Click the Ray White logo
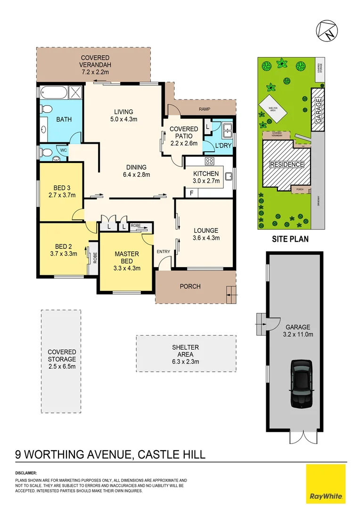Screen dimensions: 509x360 click(x=326, y=484)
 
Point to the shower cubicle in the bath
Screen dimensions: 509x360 click(x=76, y=92)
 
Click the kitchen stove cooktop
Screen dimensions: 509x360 click(x=210, y=162)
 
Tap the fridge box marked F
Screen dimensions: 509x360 click(x=191, y=193)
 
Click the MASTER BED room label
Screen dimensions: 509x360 click(x=127, y=257)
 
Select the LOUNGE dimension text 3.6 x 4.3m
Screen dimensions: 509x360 click(x=206, y=238)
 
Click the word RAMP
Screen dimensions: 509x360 click(x=205, y=109)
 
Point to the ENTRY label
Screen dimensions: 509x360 click(x=164, y=252)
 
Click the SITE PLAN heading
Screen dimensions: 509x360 click(x=290, y=239)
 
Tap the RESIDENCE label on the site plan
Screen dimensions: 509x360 click(x=286, y=164)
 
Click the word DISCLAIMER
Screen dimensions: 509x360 click(x=26, y=472)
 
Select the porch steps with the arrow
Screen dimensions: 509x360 click(x=230, y=296)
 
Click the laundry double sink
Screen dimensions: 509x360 click(x=227, y=127)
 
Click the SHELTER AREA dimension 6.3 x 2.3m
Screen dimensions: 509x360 click(x=185, y=362)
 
